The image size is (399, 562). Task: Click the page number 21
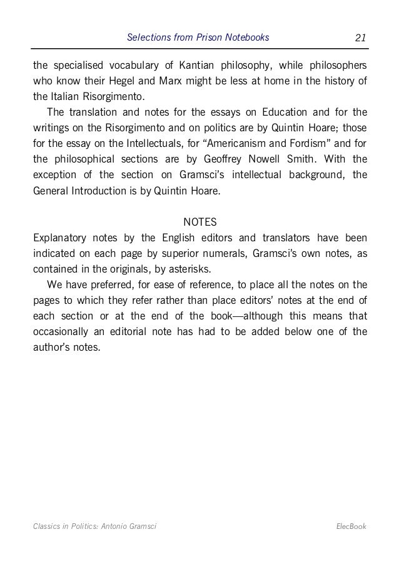click(x=360, y=38)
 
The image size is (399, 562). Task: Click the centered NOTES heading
click(x=199, y=222)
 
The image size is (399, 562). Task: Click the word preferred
click(x=107, y=284)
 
